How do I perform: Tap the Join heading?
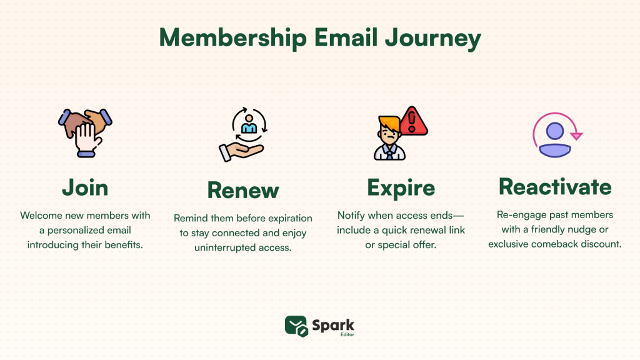[85, 187]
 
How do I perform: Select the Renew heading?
[242, 189]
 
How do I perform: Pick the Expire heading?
[401, 187]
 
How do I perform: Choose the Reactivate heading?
[555, 187]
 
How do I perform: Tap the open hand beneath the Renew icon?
[241, 151]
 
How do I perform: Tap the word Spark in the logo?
[334, 324]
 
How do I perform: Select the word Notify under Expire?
[352, 215]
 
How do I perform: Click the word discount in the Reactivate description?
[599, 244]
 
